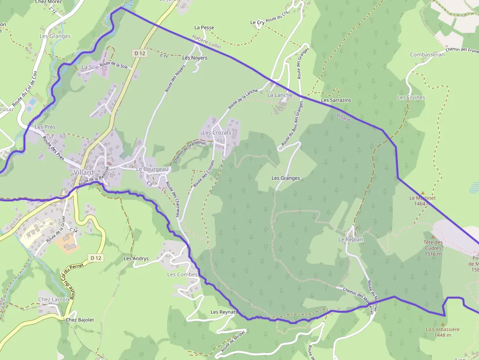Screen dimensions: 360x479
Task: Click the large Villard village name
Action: [84, 172]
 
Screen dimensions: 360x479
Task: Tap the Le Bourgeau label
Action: [152, 169]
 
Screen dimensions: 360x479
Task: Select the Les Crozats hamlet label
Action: [217, 133]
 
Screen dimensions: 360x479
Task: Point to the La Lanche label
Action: [280, 95]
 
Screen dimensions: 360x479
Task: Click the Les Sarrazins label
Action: [336, 100]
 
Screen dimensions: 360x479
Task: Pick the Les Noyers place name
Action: [195, 58]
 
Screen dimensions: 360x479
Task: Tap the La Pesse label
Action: [204, 28]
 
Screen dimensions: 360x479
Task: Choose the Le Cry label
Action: [257, 22]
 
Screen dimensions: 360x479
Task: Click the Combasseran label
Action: [427, 55]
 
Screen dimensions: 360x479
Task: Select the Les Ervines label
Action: [411, 98]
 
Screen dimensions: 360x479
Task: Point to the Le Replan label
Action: [350, 240]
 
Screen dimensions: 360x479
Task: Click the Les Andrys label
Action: [136, 258]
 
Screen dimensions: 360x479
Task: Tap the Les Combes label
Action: [182, 275]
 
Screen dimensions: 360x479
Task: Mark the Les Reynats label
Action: [224, 312]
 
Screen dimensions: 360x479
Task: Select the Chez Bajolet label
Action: [80, 320]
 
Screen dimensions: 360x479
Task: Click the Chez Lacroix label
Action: [54, 299]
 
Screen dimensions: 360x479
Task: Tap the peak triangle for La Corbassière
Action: [443, 324]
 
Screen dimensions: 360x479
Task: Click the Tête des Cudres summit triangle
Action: [433, 236]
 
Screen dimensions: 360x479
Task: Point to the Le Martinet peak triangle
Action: [423, 192]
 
